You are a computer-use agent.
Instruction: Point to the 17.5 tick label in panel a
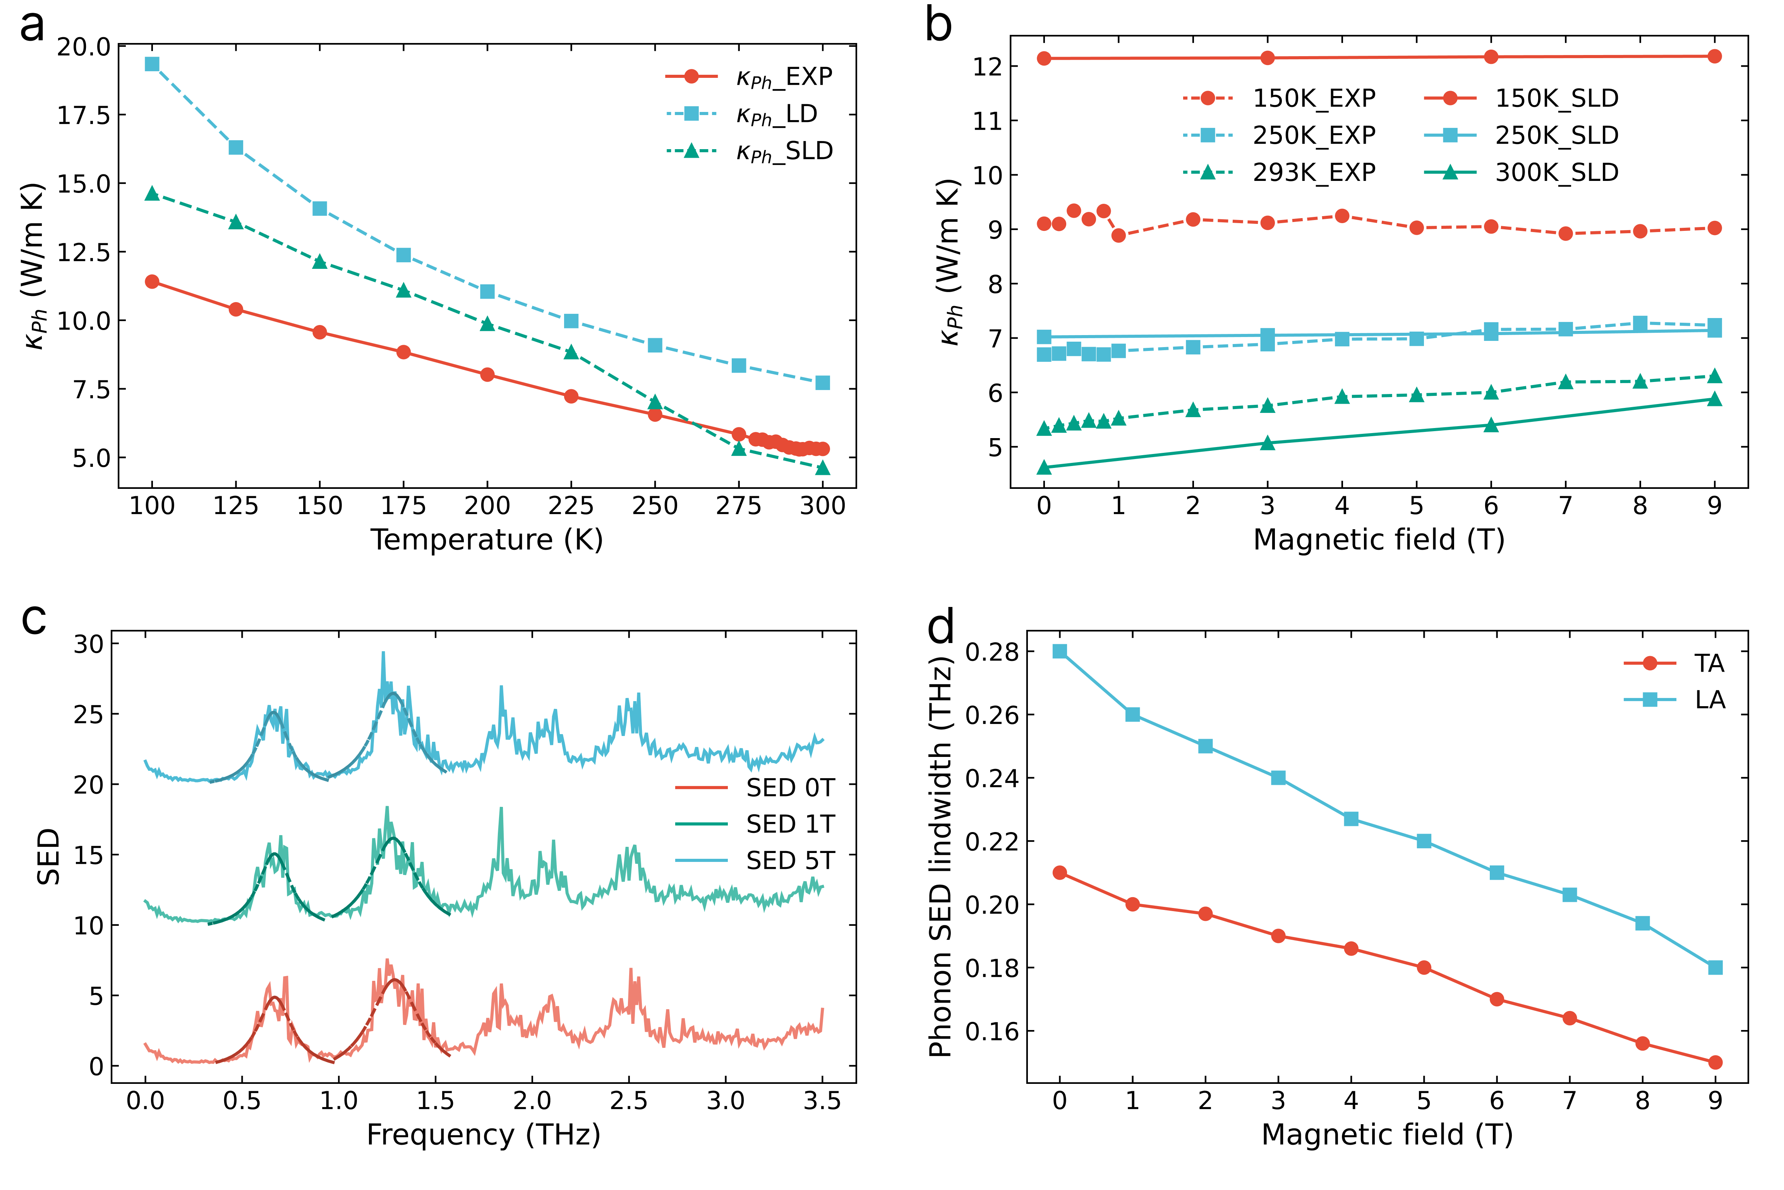tap(84, 115)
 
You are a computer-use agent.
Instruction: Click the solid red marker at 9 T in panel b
tap(1714, 56)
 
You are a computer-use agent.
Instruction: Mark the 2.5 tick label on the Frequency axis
tap(629, 1101)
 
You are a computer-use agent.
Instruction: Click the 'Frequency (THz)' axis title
tap(483, 1135)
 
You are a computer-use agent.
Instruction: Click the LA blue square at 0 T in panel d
tap(1060, 651)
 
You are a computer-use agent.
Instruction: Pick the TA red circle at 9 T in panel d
tap(1715, 1063)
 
